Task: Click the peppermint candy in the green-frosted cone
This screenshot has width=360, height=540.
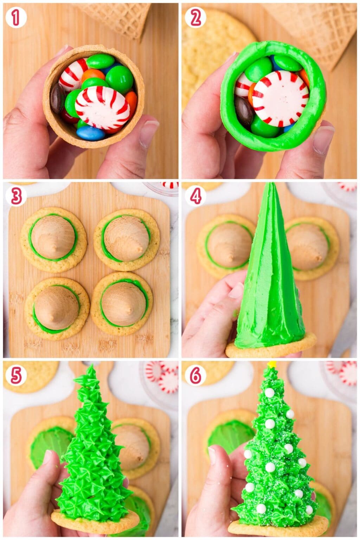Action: [x=278, y=98]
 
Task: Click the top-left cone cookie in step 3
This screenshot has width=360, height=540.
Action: [x=54, y=239]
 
